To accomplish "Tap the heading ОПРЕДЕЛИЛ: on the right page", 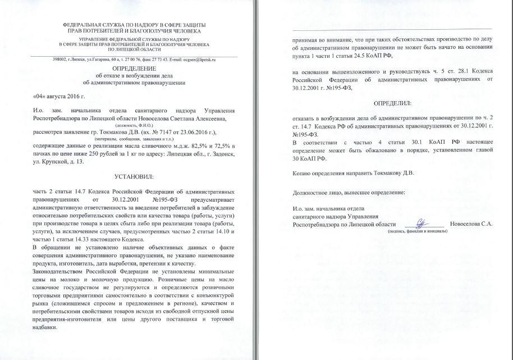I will [392, 103].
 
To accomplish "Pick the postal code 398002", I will [60, 59].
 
